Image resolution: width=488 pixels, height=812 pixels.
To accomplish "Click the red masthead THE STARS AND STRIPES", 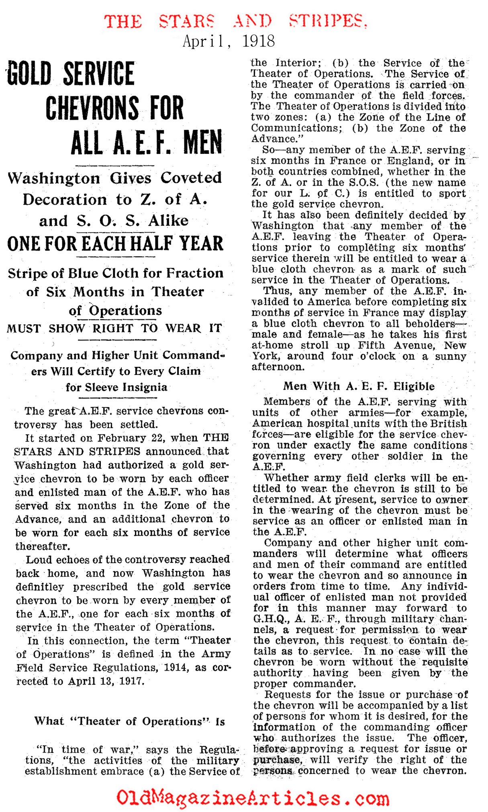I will pyautogui.click(x=236, y=21).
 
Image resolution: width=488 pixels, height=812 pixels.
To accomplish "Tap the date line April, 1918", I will pyautogui.click(x=229, y=41).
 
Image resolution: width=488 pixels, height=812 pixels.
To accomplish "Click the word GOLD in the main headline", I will pyautogui.click(x=30, y=74).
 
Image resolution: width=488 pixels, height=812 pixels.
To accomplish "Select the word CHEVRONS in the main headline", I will pyautogui.click(x=92, y=108).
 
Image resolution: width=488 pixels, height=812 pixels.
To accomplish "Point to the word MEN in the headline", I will pyautogui.click(x=202, y=143).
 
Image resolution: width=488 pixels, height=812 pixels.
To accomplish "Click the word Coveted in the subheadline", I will pyautogui.click(x=191, y=178).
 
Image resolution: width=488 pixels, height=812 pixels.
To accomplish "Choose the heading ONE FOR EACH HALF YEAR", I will pyautogui.click(x=115, y=243).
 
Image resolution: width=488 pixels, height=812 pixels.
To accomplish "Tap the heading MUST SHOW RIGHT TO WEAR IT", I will pyautogui.click(x=114, y=328).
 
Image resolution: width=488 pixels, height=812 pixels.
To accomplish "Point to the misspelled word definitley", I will pyautogui.click(x=40, y=587).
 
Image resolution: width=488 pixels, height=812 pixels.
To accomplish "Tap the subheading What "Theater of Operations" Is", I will pyautogui.click(x=129, y=721).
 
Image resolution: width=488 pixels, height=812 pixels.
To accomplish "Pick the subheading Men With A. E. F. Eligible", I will pyautogui.click(x=359, y=386).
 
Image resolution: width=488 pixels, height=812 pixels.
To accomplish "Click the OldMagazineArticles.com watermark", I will pyautogui.click(x=253, y=798).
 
